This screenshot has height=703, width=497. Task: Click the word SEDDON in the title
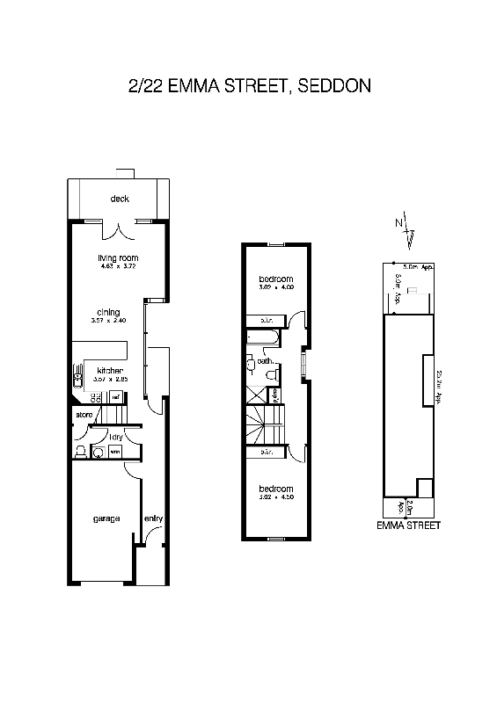coord(334,86)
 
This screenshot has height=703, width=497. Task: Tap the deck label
coord(120,199)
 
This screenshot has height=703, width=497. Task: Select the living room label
coord(119,257)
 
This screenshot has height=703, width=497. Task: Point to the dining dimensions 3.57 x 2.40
coord(108,321)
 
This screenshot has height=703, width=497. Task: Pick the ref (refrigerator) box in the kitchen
coord(114,397)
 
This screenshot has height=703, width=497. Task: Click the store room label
coord(84,414)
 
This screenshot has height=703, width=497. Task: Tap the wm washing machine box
coord(115,452)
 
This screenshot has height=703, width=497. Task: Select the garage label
coord(106,518)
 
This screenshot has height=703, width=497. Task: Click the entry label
coord(153,518)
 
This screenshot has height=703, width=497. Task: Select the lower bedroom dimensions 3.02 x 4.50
coord(274,496)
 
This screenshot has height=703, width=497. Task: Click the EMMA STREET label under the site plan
coord(408,525)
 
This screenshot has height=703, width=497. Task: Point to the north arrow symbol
coord(406,228)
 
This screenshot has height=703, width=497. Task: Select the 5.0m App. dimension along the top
coord(419,265)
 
